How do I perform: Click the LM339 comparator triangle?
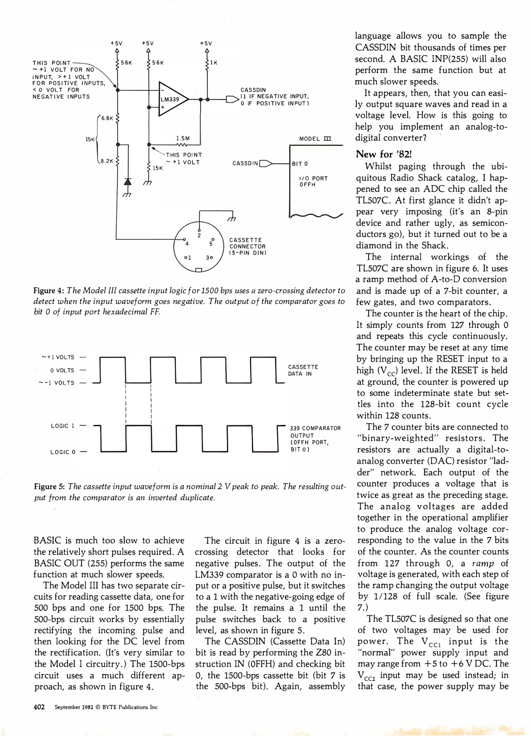click(172, 99)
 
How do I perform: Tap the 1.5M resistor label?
click(183, 138)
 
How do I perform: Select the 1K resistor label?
click(214, 63)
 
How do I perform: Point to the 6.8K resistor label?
click(107, 118)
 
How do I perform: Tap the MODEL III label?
click(315, 139)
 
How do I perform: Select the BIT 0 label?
click(300, 164)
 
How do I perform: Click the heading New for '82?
click(384, 154)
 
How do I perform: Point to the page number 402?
click(39, 707)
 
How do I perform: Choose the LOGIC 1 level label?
click(62, 426)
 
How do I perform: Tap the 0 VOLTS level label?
click(62, 370)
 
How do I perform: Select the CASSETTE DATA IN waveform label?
click(303, 370)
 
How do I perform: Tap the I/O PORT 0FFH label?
click(313, 181)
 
